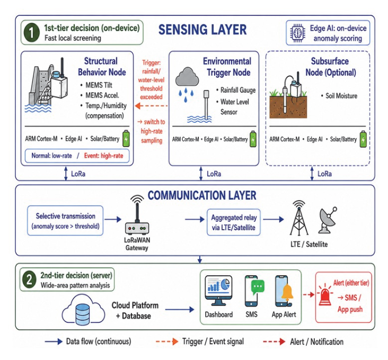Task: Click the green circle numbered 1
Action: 31,32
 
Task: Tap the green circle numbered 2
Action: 29,280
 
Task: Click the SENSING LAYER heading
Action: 202,30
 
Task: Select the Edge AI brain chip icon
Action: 297,33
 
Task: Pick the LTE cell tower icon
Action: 299,218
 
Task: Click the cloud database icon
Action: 83,309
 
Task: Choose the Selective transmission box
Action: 65,221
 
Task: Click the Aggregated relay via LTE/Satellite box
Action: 234,222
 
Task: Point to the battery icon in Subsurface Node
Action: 363,139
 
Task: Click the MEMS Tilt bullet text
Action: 99,85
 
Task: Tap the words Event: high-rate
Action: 103,156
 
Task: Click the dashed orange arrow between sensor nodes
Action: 151,106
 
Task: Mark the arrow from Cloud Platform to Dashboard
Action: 180,309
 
